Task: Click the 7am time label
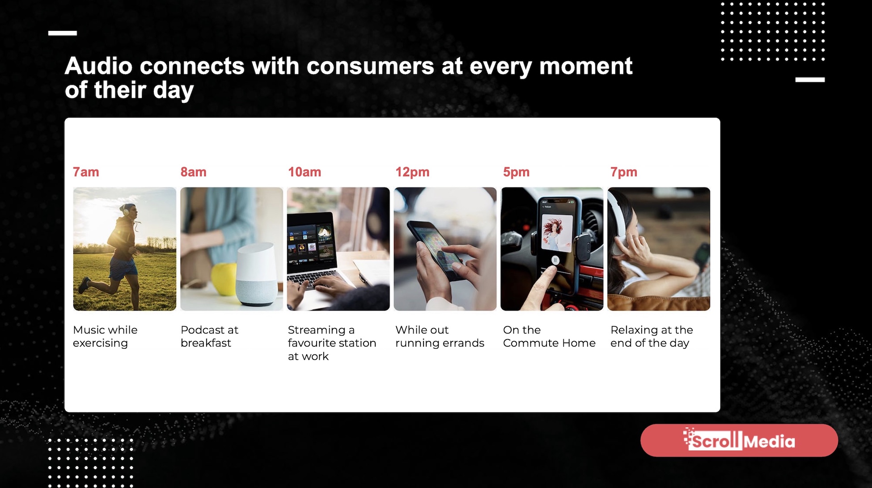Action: [86, 172]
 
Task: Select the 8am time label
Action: [193, 172]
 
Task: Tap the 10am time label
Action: [304, 172]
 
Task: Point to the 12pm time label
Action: [412, 172]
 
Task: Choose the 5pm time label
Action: [516, 172]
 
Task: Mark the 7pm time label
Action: [623, 172]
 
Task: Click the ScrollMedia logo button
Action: [739, 441]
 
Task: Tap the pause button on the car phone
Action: [555, 260]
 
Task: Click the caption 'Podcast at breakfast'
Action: [209, 336]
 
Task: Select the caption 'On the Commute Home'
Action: [549, 336]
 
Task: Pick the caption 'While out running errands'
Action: [439, 336]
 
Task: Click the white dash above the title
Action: [63, 33]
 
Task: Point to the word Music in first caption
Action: [89, 330]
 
